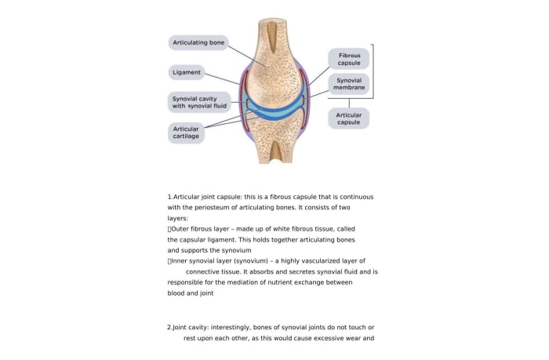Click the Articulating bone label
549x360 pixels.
click(x=198, y=42)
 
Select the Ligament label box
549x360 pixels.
click(x=187, y=72)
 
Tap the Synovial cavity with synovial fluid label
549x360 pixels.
click(x=199, y=102)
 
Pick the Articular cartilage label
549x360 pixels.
click(x=186, y=132)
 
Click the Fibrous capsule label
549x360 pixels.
click(x=349, y=60)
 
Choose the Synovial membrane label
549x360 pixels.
click(x=349, y=85)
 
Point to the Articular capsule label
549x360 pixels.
click(x=349, y=118)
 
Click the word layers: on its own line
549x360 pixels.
click(x=178, y=218)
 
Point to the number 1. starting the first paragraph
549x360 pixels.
click(x=170, y=196)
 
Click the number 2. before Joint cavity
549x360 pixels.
click(x=170, y=326)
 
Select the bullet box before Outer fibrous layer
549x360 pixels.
click(x=169, y=228)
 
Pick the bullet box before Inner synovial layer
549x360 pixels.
click(x=169, y=260)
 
